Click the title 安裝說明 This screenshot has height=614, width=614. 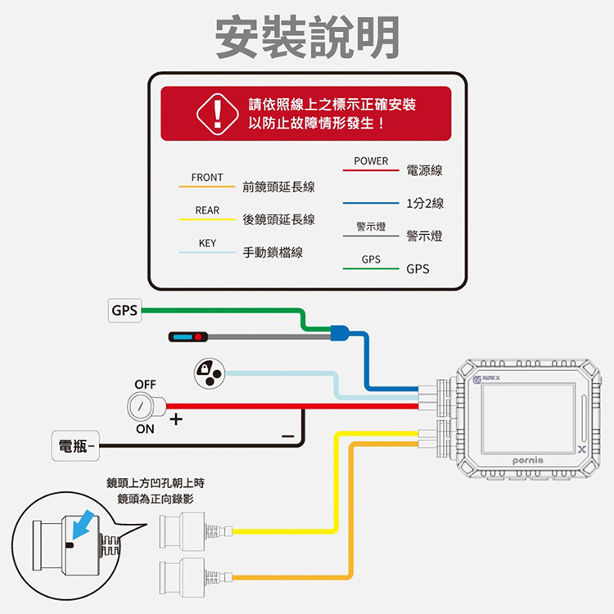click(307, 38)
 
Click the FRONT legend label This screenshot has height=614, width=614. click(207, 178)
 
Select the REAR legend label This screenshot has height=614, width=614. click(207, 210)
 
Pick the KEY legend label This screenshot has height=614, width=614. click(207, 244)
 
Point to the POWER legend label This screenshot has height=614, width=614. click(372, 161)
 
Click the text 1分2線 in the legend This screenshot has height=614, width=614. click(424, 203)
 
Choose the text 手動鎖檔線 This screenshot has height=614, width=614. click(273, 253)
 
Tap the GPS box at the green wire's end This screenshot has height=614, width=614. click(124, 311)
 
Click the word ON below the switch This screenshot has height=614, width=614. click(145, 429)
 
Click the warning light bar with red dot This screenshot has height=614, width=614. click(190, 337)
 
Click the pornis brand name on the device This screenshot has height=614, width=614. click(525, 461)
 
